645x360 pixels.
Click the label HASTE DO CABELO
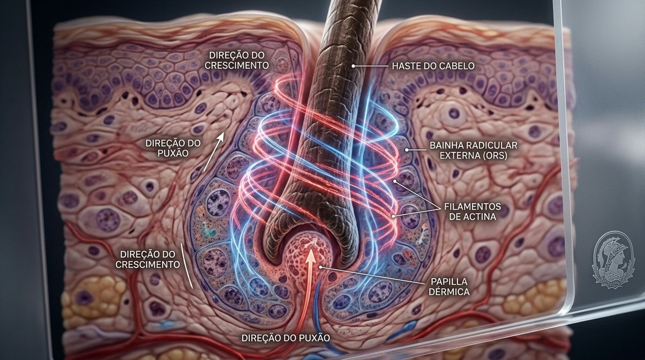(433, 66)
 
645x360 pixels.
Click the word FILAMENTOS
(472, 207)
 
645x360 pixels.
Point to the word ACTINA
(480, 217)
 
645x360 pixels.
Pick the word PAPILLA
(449, 281)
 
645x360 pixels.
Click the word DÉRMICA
(449, 292)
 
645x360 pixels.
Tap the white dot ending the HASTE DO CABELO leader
(353, 66)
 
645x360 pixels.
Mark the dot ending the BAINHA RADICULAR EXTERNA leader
(406, 150)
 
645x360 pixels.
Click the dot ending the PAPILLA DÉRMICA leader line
(321, 267)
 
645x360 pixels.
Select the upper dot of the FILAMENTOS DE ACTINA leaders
(395, 181)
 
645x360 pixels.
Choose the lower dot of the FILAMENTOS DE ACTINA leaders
(393, 216)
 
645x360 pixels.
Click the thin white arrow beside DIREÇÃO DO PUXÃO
(213, 151)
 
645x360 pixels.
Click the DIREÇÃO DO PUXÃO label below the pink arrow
(285, 338)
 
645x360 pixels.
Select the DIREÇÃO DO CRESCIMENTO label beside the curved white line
(148, 259)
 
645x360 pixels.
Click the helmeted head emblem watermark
(613, 259)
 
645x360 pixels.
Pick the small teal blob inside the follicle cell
(210, 230)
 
